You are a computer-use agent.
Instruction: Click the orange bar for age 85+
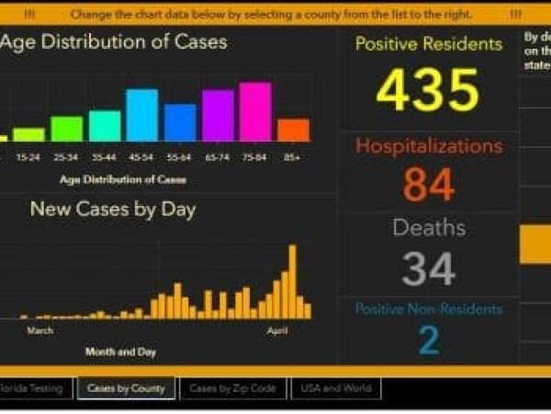[293, 130]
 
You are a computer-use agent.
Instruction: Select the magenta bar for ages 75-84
[255, 112]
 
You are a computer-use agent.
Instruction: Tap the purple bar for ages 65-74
[218, 116]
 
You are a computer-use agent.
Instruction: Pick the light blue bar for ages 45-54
[142, 115]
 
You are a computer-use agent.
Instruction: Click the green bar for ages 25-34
[66, 129]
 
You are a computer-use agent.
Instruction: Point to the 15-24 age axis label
[28, 157]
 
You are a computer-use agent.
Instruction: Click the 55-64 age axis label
[180, 157]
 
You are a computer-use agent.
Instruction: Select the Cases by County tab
[126, 388]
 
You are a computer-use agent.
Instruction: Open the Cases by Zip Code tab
[232, 388]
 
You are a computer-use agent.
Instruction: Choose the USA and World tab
[336, 388]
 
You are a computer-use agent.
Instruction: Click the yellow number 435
[428, 90]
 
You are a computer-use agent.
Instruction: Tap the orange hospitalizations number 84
[428, 185]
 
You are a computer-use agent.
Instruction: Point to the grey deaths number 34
[428, 270]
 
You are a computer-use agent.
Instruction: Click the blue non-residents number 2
[428, 339]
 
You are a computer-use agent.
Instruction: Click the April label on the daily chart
[276, 329]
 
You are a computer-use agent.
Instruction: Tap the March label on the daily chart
[39, 329]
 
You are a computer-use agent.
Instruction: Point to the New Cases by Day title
[113, 209]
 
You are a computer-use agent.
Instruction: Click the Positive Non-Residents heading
[428, 309]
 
